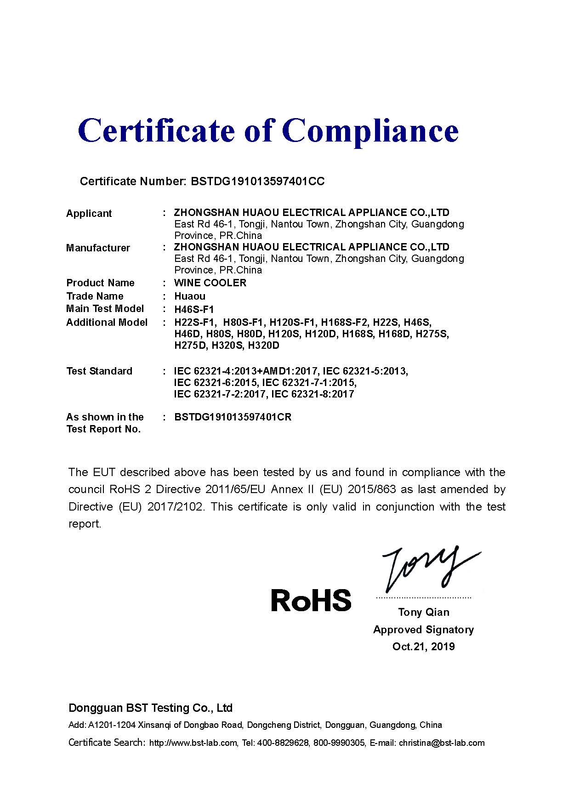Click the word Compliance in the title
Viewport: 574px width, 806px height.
372,131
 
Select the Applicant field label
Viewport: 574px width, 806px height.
89,214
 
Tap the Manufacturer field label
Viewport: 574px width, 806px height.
98,248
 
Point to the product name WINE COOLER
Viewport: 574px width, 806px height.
210,283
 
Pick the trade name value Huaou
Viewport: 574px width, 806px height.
190,296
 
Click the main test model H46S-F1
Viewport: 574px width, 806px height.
194,309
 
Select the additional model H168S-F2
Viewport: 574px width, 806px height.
345,322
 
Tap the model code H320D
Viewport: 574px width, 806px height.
263,346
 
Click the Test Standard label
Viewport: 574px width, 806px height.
99,371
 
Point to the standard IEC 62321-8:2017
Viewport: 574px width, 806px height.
313,394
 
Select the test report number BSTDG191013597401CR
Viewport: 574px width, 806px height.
233,417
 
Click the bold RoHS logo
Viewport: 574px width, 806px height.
311,600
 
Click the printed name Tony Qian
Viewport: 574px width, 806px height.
424,612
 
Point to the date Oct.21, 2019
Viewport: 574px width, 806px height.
424,647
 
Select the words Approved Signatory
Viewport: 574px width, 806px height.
424,630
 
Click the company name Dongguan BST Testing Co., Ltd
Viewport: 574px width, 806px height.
151,708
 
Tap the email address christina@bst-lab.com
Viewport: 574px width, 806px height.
442,743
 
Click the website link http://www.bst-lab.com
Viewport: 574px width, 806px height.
193,743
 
